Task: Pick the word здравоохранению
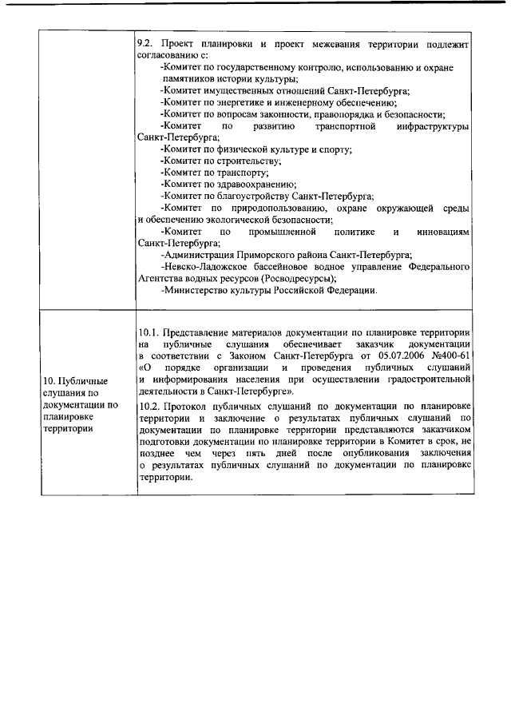[x=240, y=184]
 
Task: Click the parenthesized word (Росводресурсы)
[x=295, y=278]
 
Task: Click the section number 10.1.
[x=149, y=331]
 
